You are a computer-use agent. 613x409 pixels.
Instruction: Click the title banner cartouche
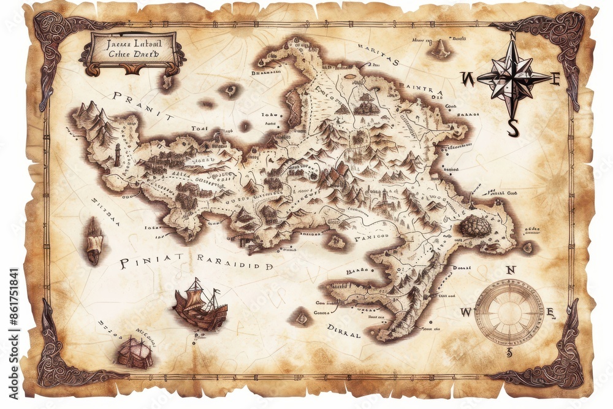(x=132, y=52)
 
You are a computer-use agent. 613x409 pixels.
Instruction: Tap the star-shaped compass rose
(x=513, y=78)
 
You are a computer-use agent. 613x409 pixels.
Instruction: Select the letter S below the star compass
(x=514, y=128)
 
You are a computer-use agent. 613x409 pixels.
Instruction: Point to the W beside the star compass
(x=466, y=78)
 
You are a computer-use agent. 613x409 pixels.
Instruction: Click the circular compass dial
(x=508, y=312)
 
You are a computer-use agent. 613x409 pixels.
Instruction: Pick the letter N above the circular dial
(x=510, y=270)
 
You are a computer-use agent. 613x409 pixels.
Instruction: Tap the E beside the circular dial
(x=550, y=313)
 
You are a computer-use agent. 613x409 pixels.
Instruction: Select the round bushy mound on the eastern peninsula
(x=475, y=226)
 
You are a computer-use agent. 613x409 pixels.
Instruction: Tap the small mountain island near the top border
(x=440, y=49)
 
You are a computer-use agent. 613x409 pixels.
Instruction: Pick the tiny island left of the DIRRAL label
(x=302, y=318)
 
